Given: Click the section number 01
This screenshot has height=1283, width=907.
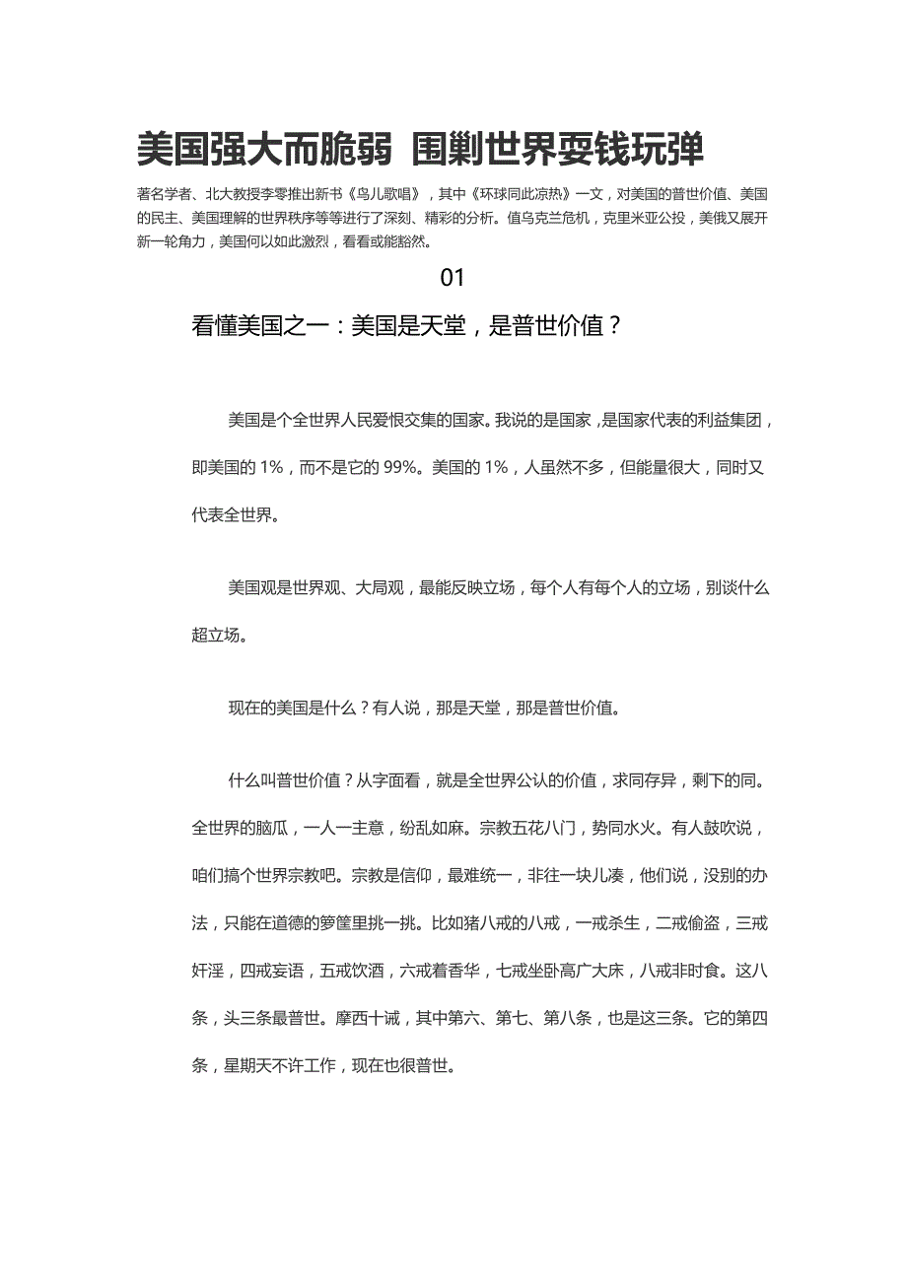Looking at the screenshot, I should [452, 278].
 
